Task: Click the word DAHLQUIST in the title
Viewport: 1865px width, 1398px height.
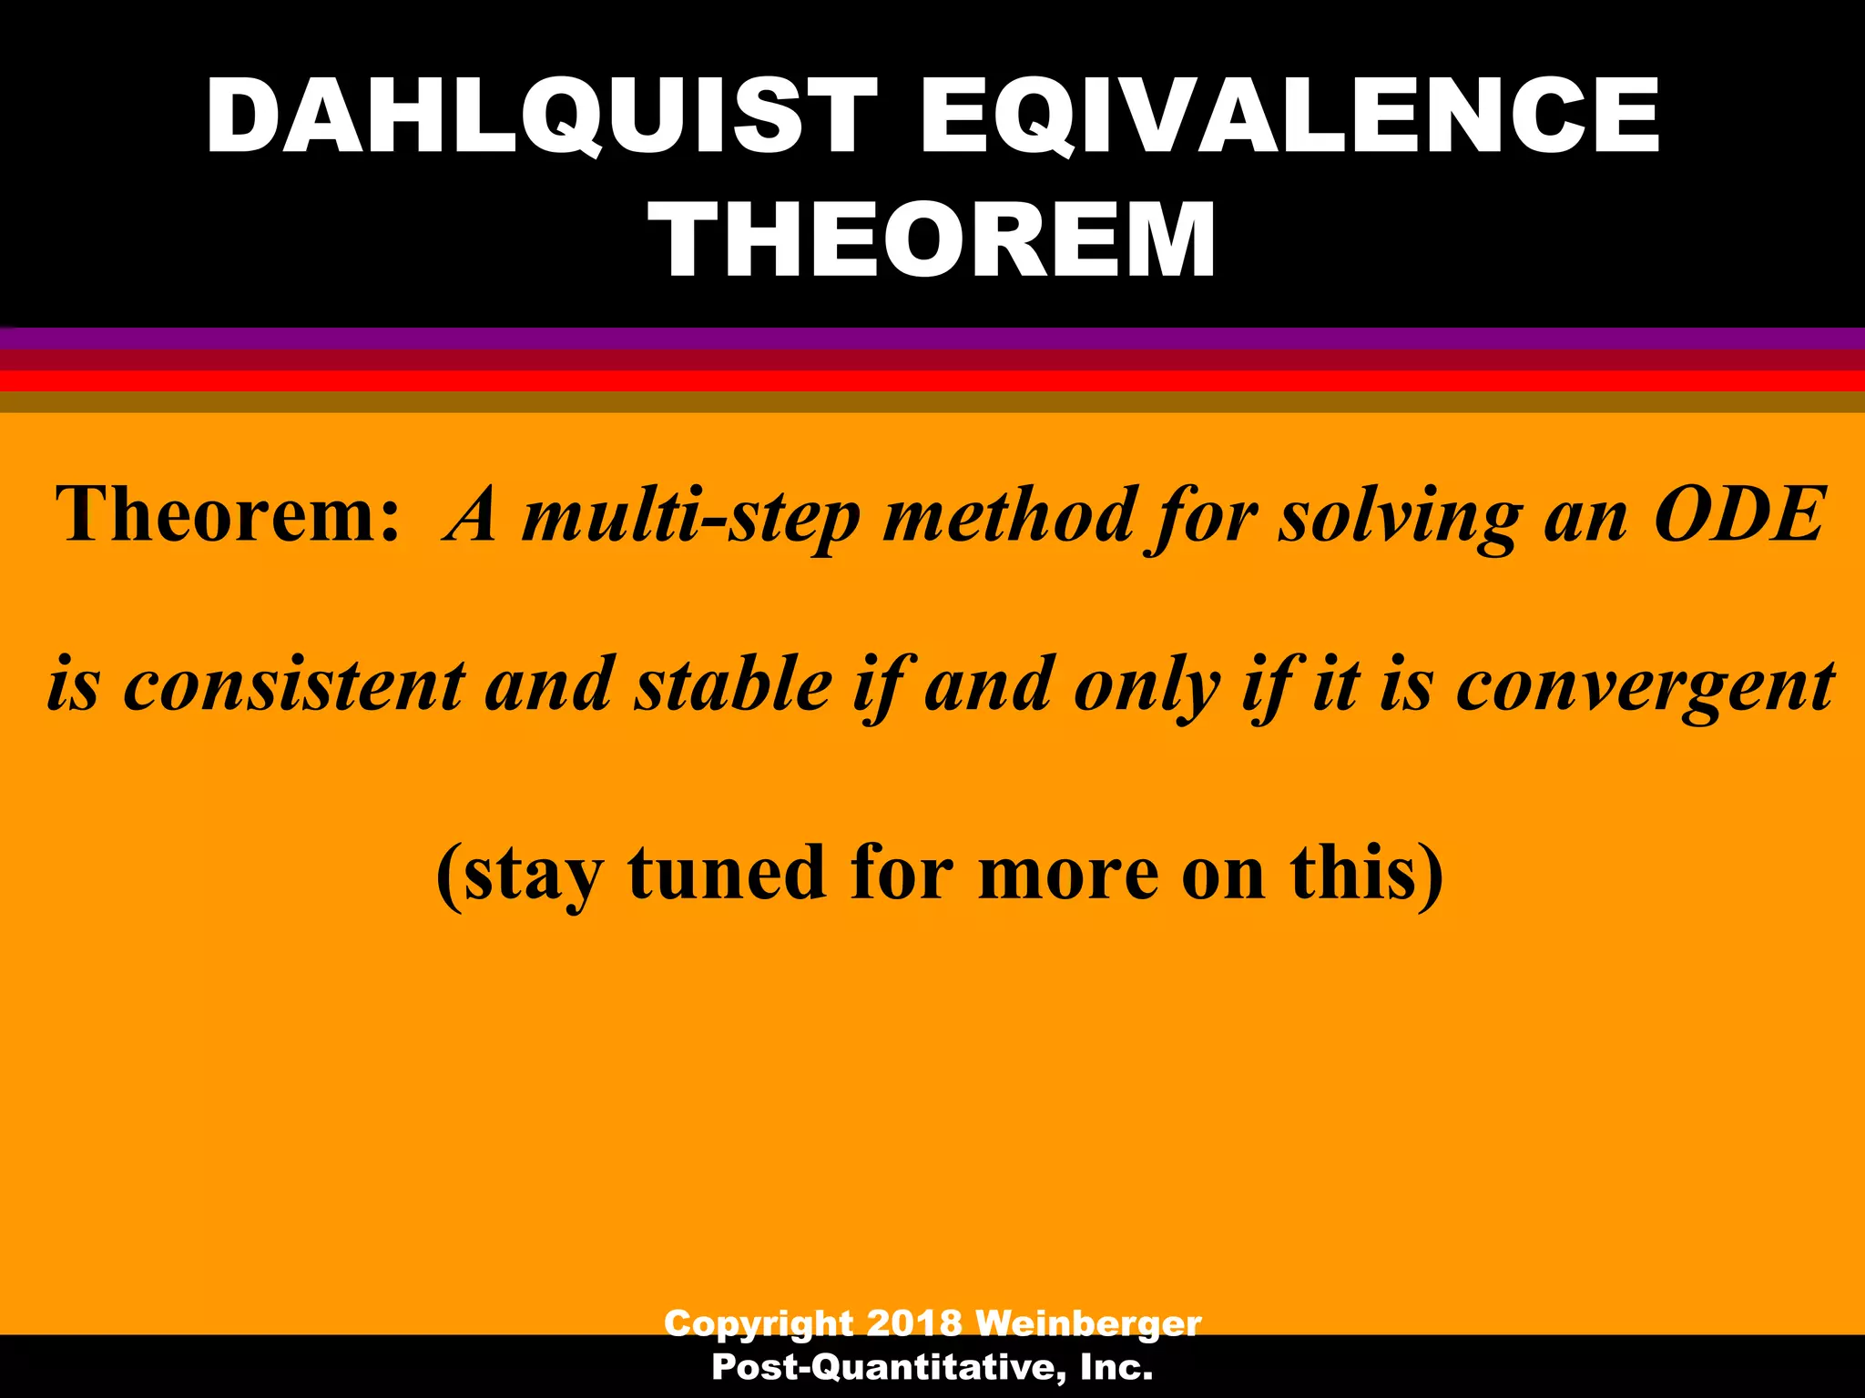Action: (x=541, y=116)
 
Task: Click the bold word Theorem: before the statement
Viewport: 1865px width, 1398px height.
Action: (x=228, y=515)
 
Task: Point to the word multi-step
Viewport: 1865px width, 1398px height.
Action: (x=692, y=517)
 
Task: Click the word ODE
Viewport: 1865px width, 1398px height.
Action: (x=1739, y=515)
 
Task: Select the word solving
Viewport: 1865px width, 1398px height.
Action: (x=1399, y=517)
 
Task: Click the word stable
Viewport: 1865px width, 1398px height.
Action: (x=734, y=684)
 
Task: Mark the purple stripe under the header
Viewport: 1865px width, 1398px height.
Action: (x=932, y=338)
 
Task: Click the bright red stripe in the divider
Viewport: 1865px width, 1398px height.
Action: (x=932, y=380)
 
